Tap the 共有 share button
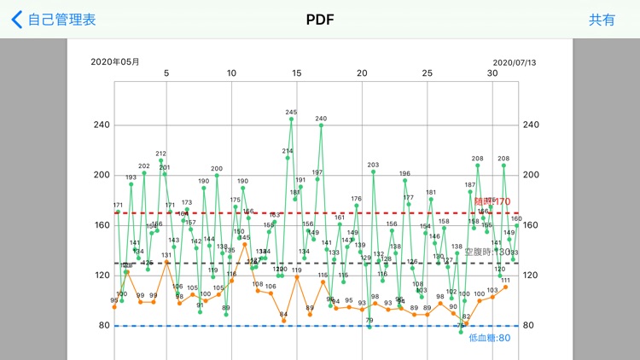pyautogui.click(x=602, y=20)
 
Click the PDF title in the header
pyautogui.click(x=319, y=20)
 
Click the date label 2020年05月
pyautogui.click(x=115, y=61)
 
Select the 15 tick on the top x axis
pyautogui.click(x=296, y=73)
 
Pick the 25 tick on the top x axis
pyautogui.click(x=427, y=73)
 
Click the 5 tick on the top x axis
pyautogui.click(x=166, y=73)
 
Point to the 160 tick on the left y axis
pyautogui.click(x=102, y=225)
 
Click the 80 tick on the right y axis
pyautogui.click(x=530, y=325)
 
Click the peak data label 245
pyautogui.click(x=291, y=113)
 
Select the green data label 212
pyautogui.click(x=160, y=154)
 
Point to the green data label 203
pyautogui.click(x=373, y=165)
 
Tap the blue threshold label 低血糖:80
pyautogui.click(x=490, y=338)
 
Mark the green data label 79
pyautogui.click(x=369, y=321)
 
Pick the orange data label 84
pyautogui.click(x=284, y=314)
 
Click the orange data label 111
pyautogui.click(x=505, y=281)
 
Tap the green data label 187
pyautogui.click(x=470, y=185)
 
